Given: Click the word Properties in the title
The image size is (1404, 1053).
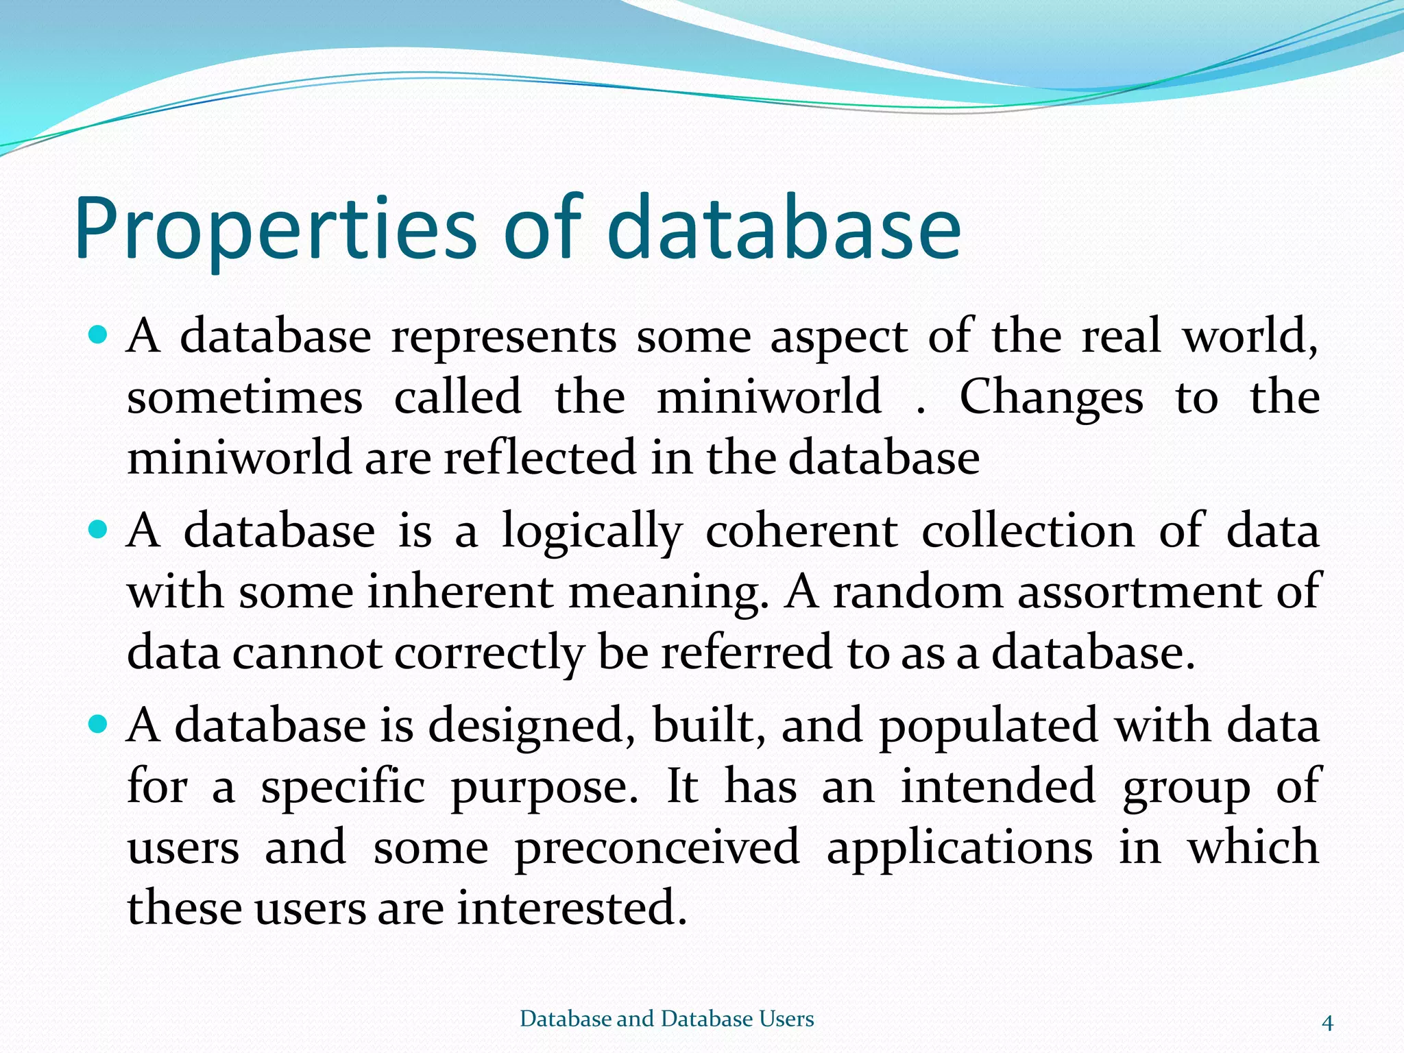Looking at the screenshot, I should [274, 230].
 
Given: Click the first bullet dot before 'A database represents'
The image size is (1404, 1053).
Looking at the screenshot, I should [99, 335].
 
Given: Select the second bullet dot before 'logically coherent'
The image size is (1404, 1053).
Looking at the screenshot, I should [99, 530].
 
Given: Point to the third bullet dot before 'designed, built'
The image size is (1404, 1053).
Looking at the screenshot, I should [99, 724].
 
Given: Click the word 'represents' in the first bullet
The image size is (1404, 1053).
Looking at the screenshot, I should [504, 338].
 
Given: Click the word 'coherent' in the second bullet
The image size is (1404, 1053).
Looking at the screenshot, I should [801, 531].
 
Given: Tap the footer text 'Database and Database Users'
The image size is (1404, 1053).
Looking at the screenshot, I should [667, 1019].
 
